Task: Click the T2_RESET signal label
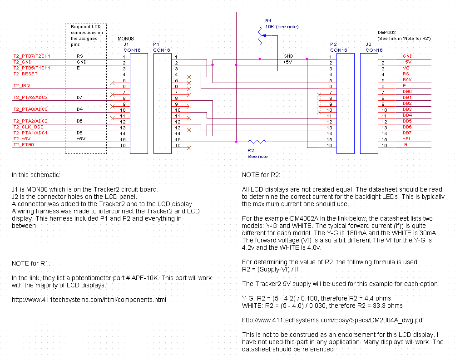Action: point(25,74)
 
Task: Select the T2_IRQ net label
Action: point(21,86)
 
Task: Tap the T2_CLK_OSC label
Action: point(28,127)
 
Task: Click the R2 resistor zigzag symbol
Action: point(257,142)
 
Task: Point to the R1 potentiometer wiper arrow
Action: point(263,36)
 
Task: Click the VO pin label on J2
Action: point(406,68)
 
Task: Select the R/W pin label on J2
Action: point(407,80)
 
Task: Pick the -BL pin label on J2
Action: point(406,145)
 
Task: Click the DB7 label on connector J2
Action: point(407,133)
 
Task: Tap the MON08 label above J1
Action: point(126,39)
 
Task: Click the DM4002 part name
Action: point(386,33)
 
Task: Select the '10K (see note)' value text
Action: point(282,27)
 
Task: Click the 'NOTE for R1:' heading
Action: point(31,263)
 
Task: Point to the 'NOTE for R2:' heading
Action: point(261,175)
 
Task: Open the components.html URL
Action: point(89,300)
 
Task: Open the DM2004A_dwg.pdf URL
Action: point(333,320)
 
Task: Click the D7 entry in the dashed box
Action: point(79,98)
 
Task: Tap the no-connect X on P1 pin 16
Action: point(189,148)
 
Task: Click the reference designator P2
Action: point(333,44)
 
